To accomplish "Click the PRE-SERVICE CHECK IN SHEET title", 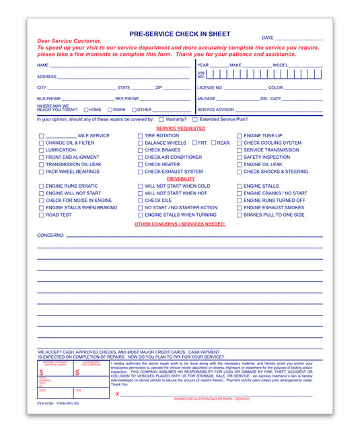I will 180,34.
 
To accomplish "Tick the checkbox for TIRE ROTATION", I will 140,136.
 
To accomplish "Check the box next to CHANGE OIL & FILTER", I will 41,143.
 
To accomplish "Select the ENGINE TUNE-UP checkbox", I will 239,136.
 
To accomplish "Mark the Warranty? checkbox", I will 151,119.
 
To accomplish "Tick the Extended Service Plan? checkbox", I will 194,119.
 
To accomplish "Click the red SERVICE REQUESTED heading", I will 180,128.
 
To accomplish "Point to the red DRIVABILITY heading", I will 180,179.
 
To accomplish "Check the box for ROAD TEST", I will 41,215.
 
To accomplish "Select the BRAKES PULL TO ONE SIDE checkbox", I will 239,215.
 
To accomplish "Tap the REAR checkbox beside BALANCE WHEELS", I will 213,143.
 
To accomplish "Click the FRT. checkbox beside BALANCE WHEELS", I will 194,143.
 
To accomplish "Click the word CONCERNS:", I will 50,236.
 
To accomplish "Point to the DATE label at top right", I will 267,38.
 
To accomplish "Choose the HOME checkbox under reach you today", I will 86,110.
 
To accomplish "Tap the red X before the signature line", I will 117,394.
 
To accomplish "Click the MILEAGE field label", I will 207,98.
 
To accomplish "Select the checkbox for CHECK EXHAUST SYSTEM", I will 140,172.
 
